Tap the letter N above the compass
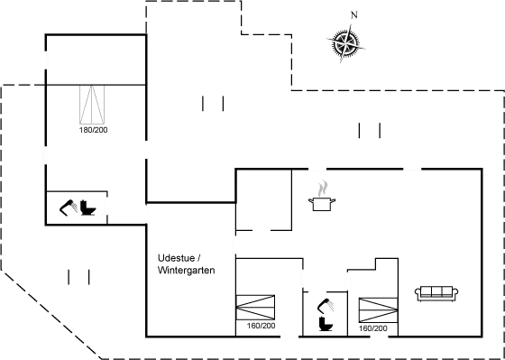(354, 15)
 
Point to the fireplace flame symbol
(322, 189)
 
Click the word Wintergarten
(185, 271)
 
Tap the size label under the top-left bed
(93, 132)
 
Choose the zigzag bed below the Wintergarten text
(256, 307)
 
